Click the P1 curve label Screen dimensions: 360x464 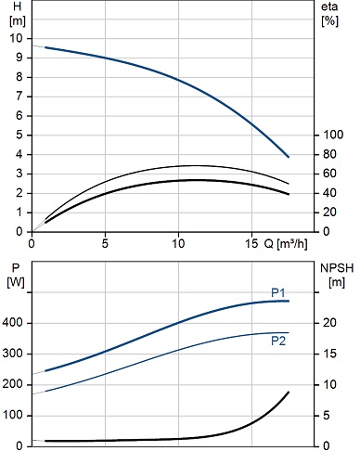277,292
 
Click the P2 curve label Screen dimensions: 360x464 278,341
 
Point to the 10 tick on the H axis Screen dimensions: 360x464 16,38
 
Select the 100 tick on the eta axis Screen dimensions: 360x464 333,135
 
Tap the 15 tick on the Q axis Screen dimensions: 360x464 251,244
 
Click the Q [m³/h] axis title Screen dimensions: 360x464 286,244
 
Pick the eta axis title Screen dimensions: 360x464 329,6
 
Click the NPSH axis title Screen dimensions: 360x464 337,268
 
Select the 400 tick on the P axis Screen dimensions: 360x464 12,323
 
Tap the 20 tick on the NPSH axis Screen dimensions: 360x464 329,323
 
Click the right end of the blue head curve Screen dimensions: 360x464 289,157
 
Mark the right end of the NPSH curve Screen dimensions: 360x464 289,393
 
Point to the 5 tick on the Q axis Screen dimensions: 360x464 105,244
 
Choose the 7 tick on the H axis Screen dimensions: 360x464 19,97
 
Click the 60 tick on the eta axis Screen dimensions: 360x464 330,174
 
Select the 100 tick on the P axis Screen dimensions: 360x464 13,415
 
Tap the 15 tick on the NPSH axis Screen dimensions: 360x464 329,354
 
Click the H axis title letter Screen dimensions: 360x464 17,6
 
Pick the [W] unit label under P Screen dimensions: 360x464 16,282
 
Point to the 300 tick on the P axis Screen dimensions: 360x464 12,354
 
